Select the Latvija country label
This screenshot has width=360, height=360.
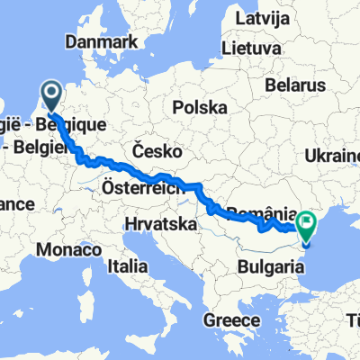263,18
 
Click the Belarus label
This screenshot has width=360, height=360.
293,85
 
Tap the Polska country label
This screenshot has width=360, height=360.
200,107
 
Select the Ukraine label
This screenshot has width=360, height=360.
332,156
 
